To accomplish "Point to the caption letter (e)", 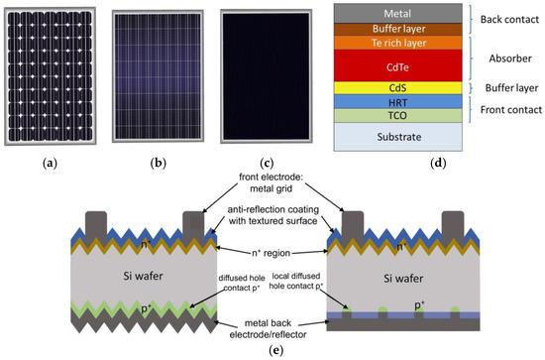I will pyautogui.click(x=271, y=350).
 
